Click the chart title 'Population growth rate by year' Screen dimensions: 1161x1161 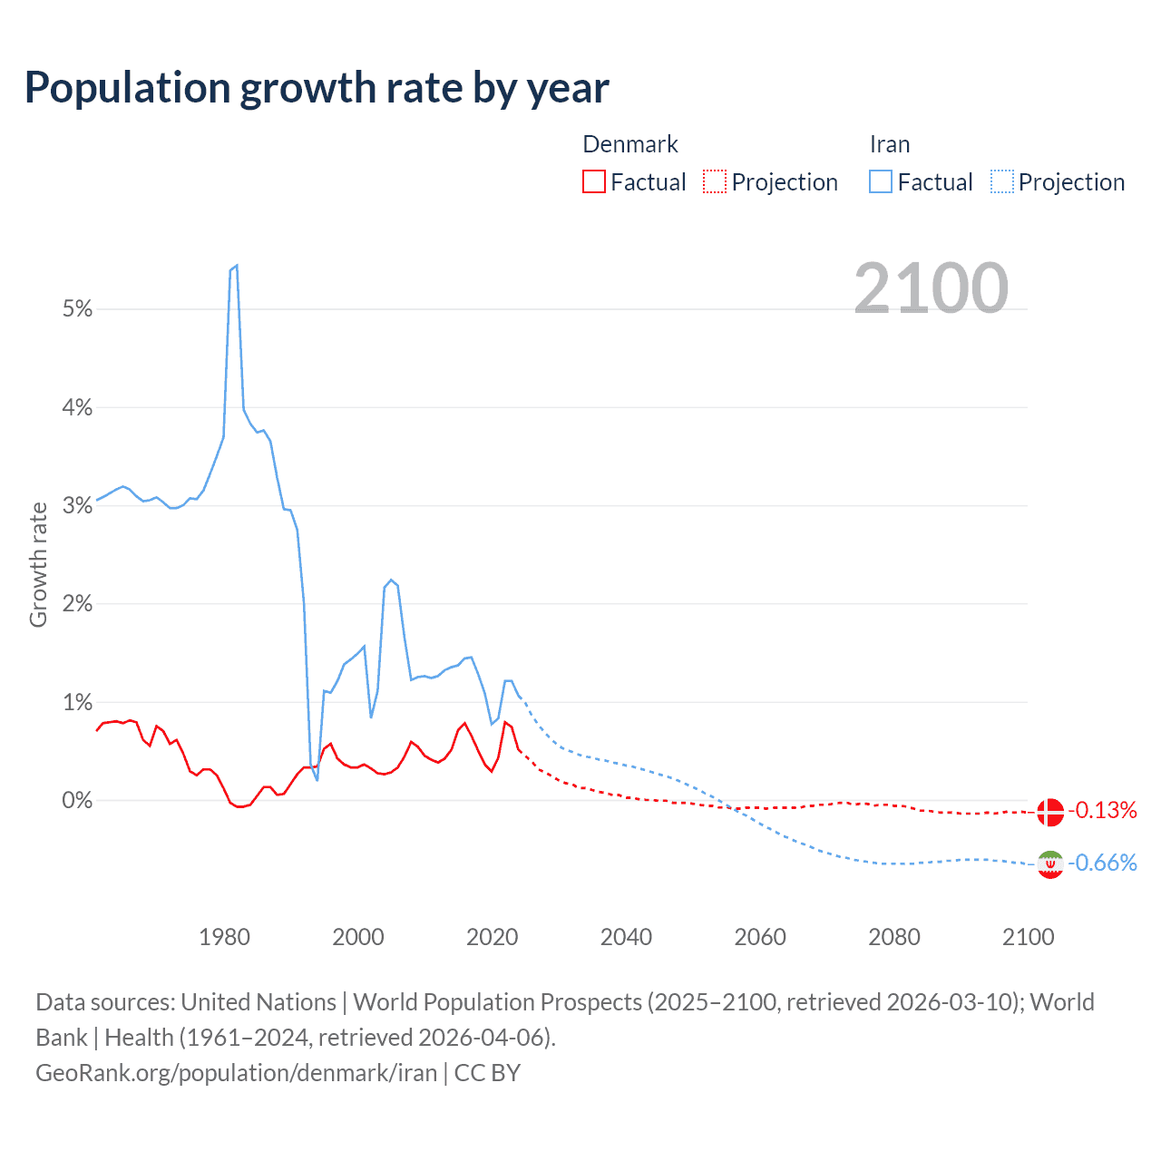pyautogui.click(x=317, y=88)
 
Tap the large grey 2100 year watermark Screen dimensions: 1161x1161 pyautogui.click(x=931, y=288)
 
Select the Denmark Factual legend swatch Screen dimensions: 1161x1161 pyautogui.click(x=594, y=181)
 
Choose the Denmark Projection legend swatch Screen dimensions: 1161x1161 pyautogui.click(x=715, y=181)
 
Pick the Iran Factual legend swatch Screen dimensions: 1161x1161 pyautogui.click(x=881, y=181)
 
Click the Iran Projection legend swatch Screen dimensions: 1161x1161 pyautogui.click(x=1001, y=181)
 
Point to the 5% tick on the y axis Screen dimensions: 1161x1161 pyautogui.click(x=78, y=309)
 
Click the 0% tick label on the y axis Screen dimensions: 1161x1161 pyautogui.click(x=78, y=801)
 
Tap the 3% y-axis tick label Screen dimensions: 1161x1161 pyautogui.click(x=78, y=506)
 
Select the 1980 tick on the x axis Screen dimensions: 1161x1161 pyautogui.click(x=224, y=937)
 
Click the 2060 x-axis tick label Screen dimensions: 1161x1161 pyautogui.click(x=760, y=937)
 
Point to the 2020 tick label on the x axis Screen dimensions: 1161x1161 pyautogui.click(x=493, y=937)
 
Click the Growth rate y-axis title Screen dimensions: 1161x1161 pyautogui.click(x=38, y=564)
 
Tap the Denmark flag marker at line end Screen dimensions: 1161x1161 pyautogui.click(x=1050, y=812)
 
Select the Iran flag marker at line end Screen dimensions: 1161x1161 pyautogui.click(x=1050, y=864)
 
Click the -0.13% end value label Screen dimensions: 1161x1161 pyautogui.click(x=1103, y=810)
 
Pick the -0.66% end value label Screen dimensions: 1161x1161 pyautogui.click(x=1103, y=863)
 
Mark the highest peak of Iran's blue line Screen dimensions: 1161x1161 pyautogui.click(x=236, y=266)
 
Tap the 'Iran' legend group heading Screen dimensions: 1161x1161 pyautogui.click(x=890, y=144)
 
